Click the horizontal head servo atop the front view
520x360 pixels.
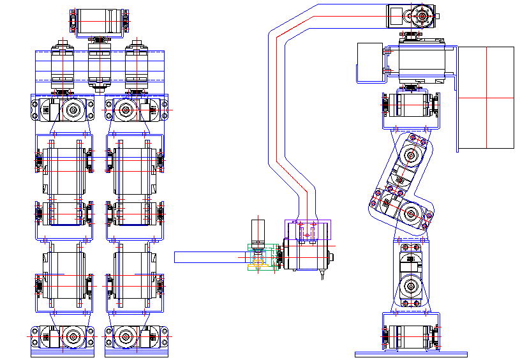click(100, 21)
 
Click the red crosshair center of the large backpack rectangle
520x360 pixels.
click(487, 98)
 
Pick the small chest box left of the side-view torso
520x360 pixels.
click(369, 63)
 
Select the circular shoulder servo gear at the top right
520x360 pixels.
click(422, 14)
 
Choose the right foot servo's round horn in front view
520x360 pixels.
click(125, 336)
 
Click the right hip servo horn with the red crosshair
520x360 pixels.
click(125, 110)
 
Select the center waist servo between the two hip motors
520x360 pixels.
click(100, 64)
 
